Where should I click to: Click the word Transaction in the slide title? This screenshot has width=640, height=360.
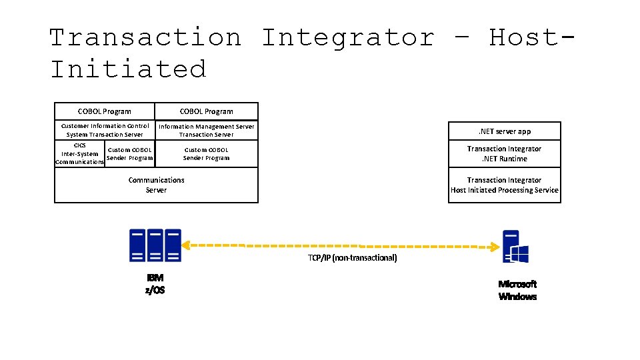point(145,37)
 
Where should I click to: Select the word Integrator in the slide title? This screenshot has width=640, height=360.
point(347,37)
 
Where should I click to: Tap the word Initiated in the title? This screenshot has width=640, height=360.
point(129,69)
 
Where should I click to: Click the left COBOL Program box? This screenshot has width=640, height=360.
point(105,111)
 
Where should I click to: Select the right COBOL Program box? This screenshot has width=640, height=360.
point(207,111)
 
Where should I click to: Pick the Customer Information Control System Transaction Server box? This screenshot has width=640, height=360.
point(105,130)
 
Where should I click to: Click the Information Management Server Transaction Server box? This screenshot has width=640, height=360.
point(207,130)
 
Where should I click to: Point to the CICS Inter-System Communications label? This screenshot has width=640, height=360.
point(79,153)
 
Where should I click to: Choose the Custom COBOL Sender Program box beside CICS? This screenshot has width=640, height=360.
point(130,154)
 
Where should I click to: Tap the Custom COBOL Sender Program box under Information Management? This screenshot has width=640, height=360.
point(207,154)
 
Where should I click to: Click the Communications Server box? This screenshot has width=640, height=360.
point(156,185)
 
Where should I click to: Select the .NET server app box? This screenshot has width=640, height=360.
point(504,131)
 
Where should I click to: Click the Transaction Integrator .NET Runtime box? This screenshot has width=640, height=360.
point(504,154)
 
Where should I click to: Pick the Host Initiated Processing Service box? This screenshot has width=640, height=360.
point(504,185)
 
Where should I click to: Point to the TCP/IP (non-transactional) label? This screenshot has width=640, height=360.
point(352,258)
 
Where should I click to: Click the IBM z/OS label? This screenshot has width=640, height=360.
point(155,283)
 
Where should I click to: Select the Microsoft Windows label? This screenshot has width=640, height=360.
point(517,290)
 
